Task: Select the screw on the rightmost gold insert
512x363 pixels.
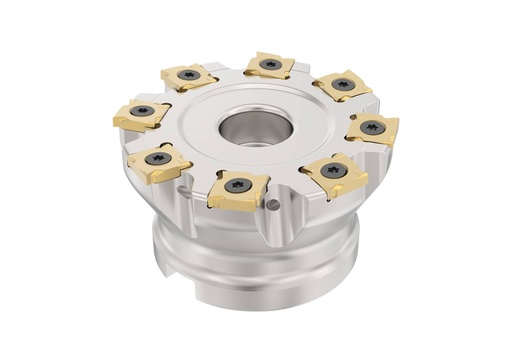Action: [372, 127]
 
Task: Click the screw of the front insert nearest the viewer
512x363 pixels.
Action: [237, 185]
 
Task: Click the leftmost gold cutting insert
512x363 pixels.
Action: [141, 115]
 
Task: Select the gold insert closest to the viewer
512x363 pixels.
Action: [238, 188]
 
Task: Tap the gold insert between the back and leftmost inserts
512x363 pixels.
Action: [188, 76]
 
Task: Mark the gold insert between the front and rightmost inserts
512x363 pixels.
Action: [334, 173]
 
